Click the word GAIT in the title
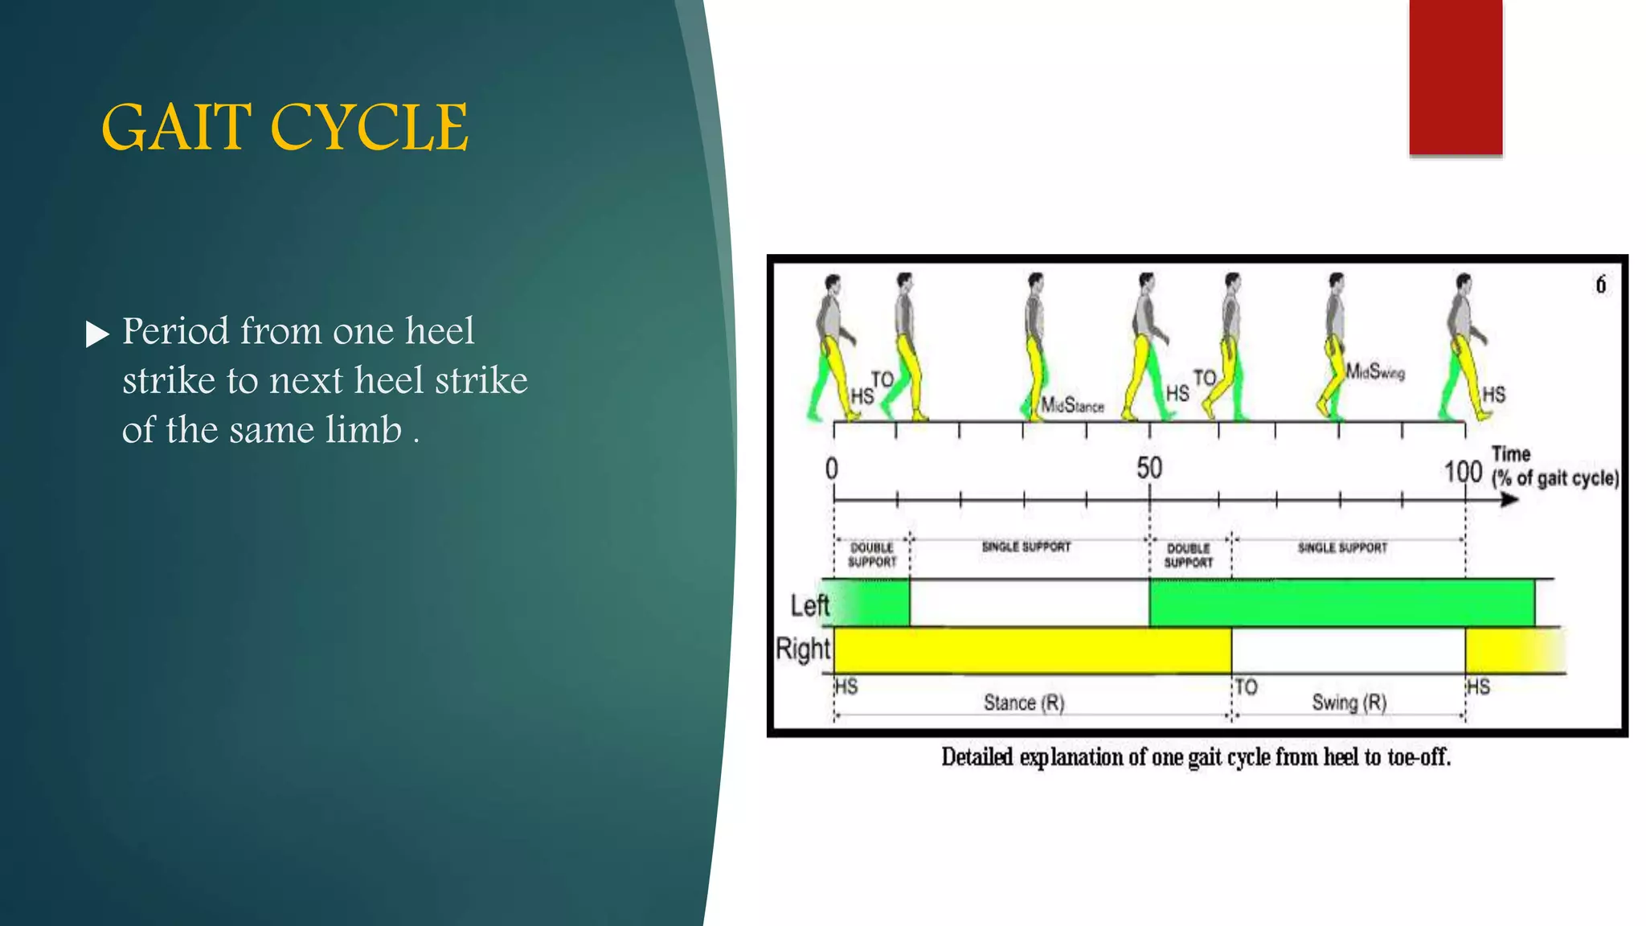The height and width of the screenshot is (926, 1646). click(176, 128)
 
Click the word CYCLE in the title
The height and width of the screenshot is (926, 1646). click(369, 128)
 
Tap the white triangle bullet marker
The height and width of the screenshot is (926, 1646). click(96, 334)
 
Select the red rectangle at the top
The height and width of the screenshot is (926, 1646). click(1455, 76)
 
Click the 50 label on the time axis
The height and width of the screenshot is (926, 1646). click(1149, 468)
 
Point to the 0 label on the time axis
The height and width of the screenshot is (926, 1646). click(832, 469)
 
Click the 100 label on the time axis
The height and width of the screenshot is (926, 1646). click(1463, 471)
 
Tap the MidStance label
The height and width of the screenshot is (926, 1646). click(1072, 405)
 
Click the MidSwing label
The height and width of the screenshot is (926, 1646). click(1375, 371)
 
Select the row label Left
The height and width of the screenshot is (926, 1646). click(809, 605)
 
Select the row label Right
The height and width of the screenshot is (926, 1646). click(802, 649)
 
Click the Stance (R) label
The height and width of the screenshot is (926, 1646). click(1024, 703)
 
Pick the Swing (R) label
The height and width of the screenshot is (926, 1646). click(1349, 703)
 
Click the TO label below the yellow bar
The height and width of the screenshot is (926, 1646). click(1247, 687)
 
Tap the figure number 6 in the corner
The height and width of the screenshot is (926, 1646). click(1600, 285)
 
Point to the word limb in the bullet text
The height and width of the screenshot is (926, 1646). click(363, 430)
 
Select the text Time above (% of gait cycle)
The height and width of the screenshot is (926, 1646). click(1511, 454)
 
